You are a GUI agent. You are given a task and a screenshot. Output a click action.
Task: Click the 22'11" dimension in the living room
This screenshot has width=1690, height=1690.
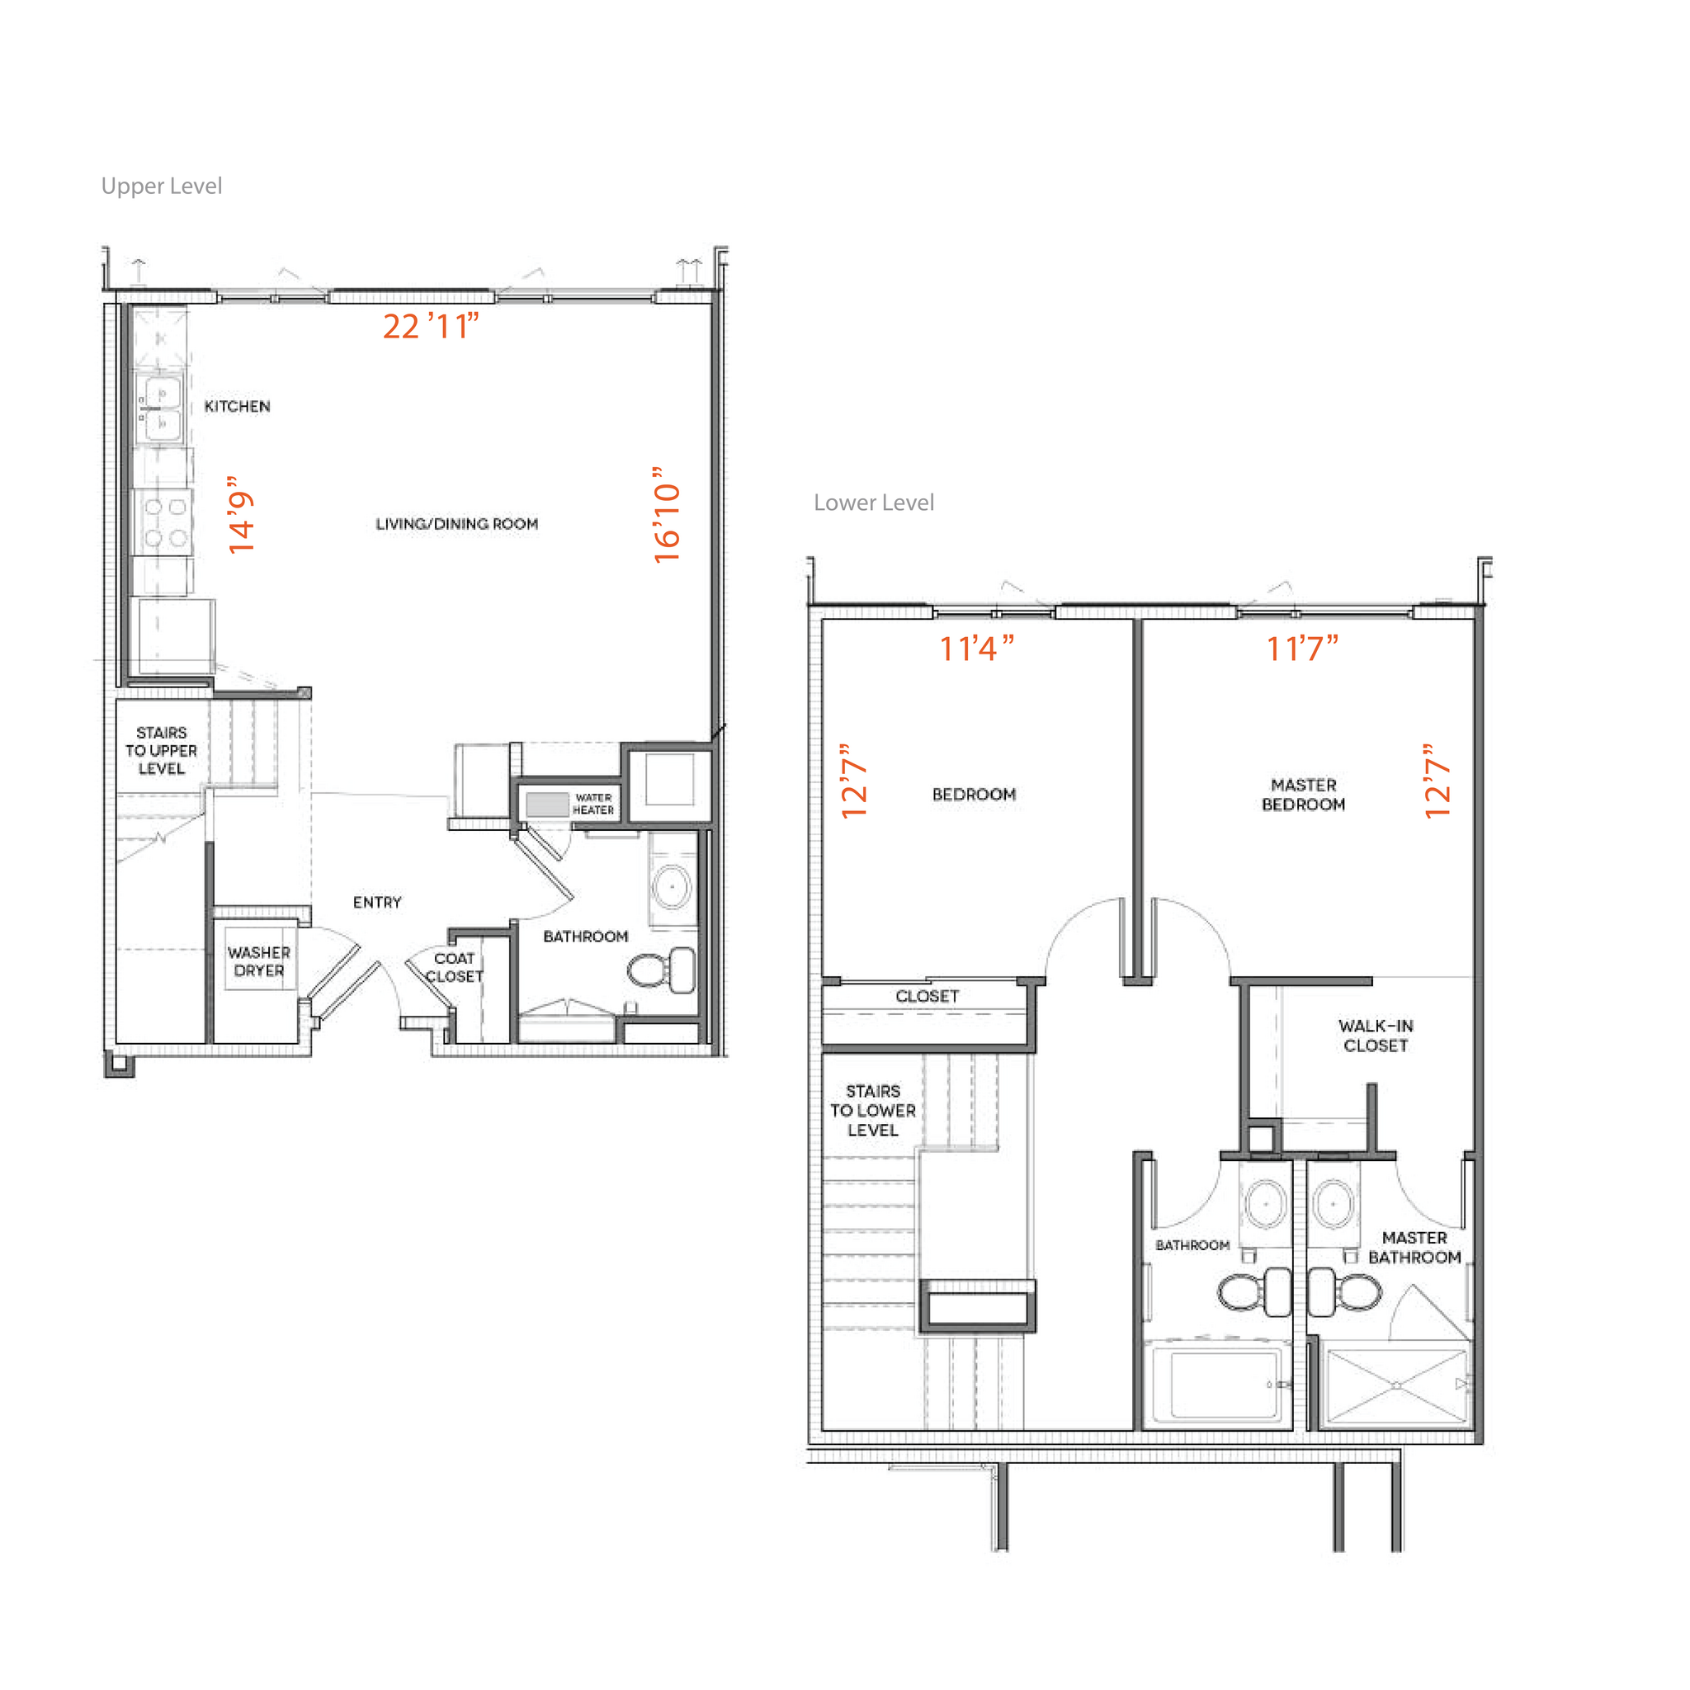pyautogui.click(x=432, y=326)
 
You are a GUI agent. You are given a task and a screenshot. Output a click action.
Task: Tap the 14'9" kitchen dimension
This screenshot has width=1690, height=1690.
pyautogui.click(x=241, y=515)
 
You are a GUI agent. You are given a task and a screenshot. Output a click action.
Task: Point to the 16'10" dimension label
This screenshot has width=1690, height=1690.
pyautogui.click(x=667, y=515)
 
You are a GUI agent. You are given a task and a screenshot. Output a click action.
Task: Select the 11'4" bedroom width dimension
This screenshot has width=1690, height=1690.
pyautogui.click(x=976, y=648)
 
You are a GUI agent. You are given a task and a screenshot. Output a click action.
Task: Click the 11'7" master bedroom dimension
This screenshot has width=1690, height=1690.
pyautogui.click(x=1302, y=648)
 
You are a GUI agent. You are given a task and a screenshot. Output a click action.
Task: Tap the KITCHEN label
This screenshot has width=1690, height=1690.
pyautogui.click(x=237, y=406)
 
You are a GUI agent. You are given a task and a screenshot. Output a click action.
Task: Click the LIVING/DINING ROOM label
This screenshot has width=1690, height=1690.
pyautogui.click(x=456, y=524)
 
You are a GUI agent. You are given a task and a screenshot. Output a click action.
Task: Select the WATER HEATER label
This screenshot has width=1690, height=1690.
pyautogui.click(x=593, y=804)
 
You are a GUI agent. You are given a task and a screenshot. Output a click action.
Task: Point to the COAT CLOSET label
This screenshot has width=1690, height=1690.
pyautogui.click(x=454, y=967)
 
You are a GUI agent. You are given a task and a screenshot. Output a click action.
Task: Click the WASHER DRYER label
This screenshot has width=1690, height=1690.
pyautogui.click(x=259, y=961)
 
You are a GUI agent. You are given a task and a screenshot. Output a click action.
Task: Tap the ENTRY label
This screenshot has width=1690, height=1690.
pyautogui.click(x=377, y=902)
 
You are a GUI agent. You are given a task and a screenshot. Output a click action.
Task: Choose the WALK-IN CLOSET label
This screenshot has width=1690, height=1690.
pyautogui.click(x=1375, y=1036)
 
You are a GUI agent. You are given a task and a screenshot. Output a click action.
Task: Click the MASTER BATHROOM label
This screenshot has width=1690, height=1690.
pyautogui.click(x=1414, y=1248)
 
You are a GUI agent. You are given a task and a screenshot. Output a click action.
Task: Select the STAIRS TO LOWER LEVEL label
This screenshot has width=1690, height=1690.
pyautogui.click(x=872, y=1110)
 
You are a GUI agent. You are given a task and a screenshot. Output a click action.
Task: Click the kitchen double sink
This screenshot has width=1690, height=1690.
pyautogui.click(x=160, y=408)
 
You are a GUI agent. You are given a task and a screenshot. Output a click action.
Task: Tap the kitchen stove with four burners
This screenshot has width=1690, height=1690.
pyautogui.click(x=163, y=522)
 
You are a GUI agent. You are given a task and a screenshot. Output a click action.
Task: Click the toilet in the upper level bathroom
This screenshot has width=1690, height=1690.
pyautogui.click(x=661, y=970)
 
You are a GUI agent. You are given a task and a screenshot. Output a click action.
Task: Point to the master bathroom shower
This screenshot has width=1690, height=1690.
pyautogui.click(x=1396, y=1386)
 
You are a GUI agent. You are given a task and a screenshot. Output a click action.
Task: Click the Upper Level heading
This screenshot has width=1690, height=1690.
pyautogui.click(x=162, y=186)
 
